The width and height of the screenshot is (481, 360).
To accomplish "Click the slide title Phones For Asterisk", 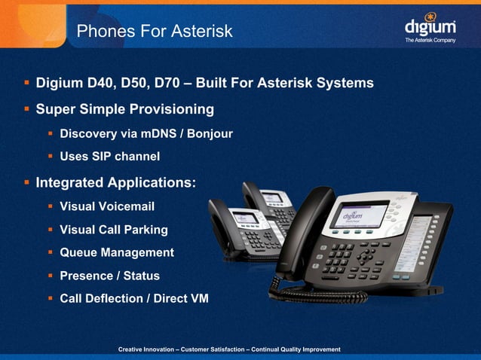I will point(155,31).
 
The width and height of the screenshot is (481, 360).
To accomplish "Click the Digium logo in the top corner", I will point(430,24).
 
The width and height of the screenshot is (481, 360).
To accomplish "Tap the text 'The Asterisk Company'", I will point(430,40).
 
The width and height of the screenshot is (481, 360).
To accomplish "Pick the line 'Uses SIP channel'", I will point(109,157).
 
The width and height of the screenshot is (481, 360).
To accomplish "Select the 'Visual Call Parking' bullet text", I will point(114,229).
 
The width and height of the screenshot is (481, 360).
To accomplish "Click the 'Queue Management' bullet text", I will point(117,252).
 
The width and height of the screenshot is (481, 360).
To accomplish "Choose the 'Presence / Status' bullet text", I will point(109,276).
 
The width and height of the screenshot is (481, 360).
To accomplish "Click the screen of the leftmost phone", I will point(246,218).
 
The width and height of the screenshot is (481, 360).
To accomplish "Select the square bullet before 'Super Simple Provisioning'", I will point(26,110).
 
